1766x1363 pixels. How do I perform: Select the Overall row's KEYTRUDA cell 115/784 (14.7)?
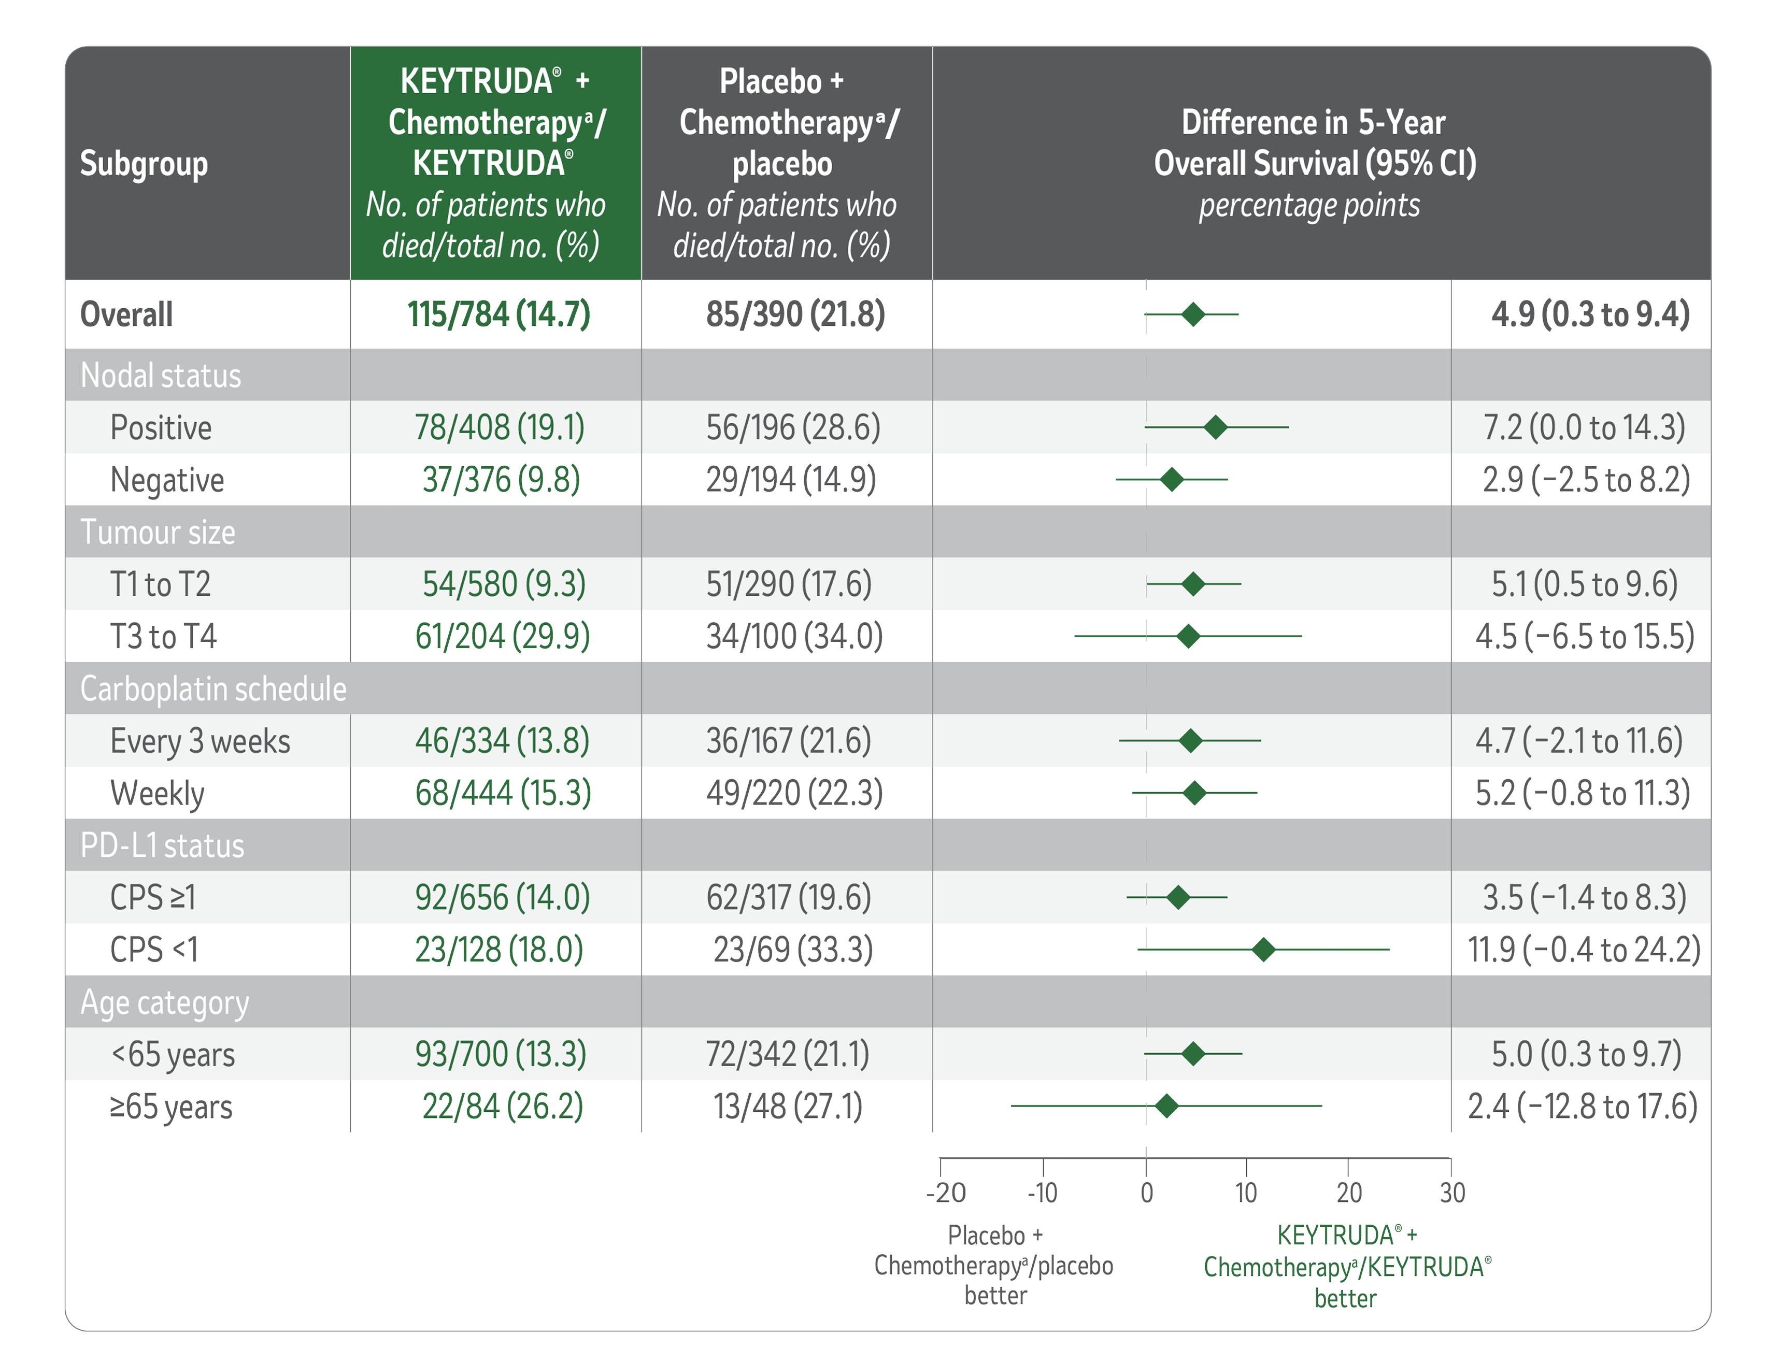click(x=498, y=314)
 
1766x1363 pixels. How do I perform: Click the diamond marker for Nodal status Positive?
click(x=1215, y=428)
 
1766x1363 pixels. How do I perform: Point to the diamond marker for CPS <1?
click(x=1263, y=950)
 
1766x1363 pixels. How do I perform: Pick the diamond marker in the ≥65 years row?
click(x=1166, y=1106)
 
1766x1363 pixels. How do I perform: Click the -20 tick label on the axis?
click(x=945, y=1193)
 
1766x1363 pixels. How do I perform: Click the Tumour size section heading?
click(x=158, y=532)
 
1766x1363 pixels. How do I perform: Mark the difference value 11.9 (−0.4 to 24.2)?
click(x=1583, y=950)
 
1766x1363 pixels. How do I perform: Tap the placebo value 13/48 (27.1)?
click(x=788, y=1106)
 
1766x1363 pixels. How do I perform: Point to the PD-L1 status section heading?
click(x=162, y=845)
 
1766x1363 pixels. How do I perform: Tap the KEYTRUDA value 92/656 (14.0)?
click(x=502, y=897)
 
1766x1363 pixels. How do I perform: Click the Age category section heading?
click(x=164, y=1002)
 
